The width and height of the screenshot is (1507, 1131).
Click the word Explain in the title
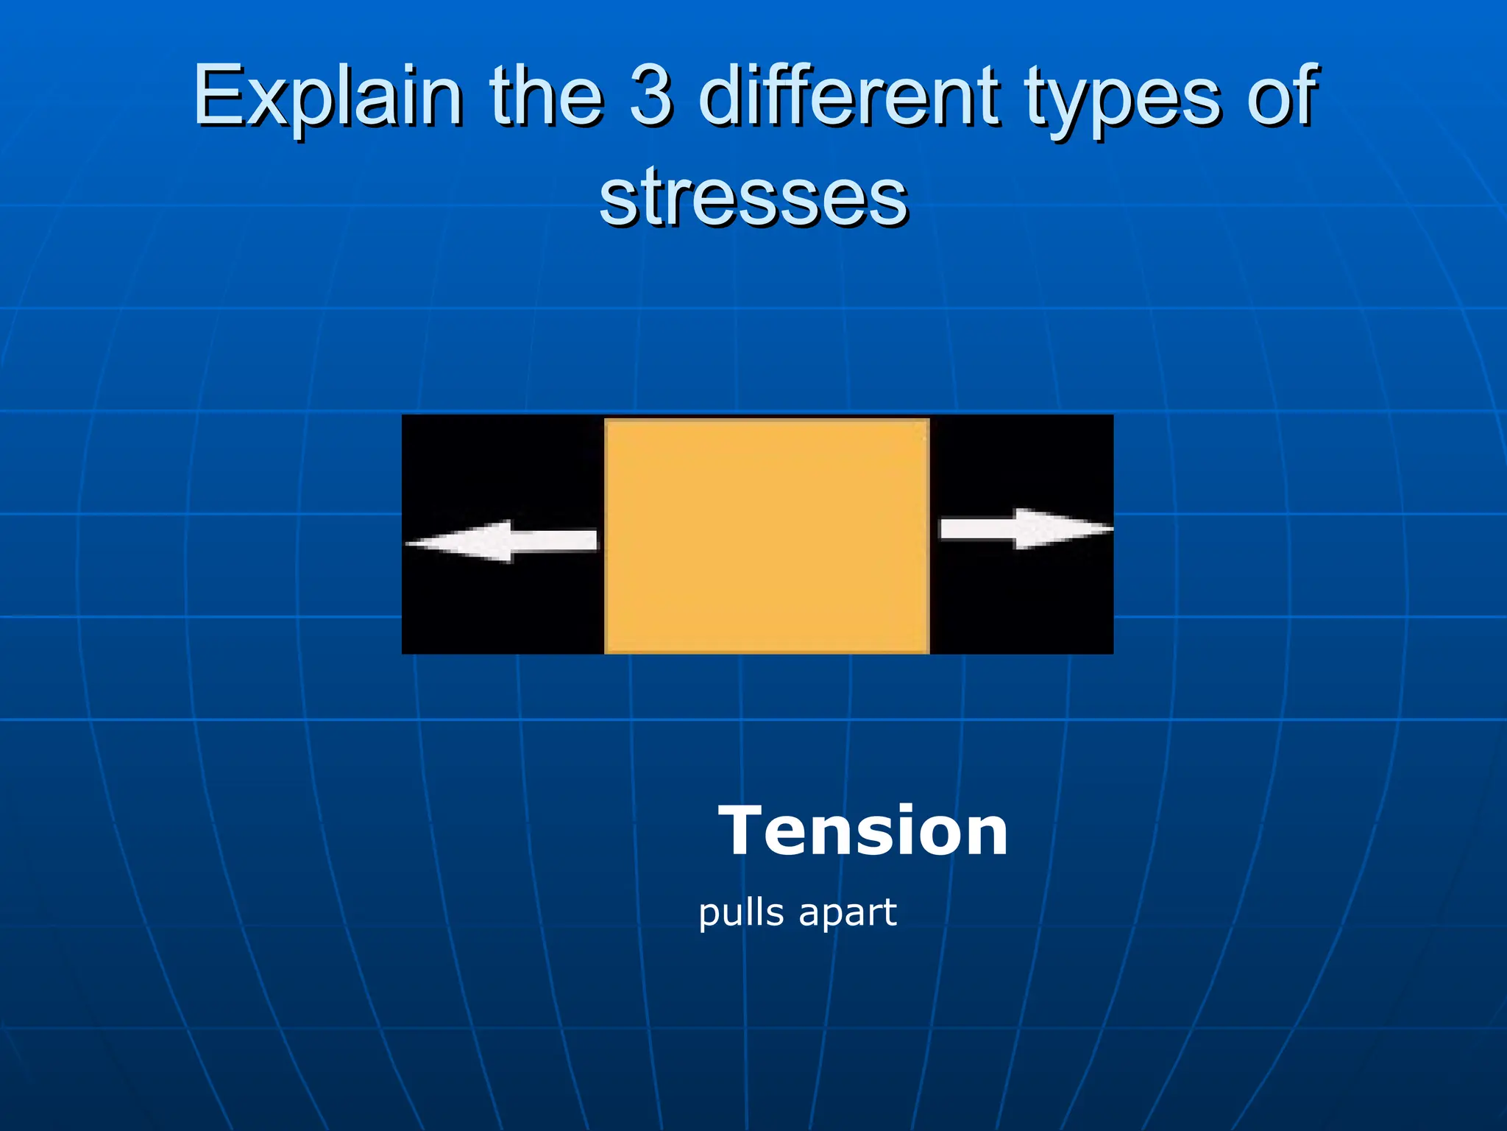328,96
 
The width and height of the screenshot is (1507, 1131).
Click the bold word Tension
862,831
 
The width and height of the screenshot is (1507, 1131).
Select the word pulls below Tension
741,914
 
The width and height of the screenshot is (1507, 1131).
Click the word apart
848,914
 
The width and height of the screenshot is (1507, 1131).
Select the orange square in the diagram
766,535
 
